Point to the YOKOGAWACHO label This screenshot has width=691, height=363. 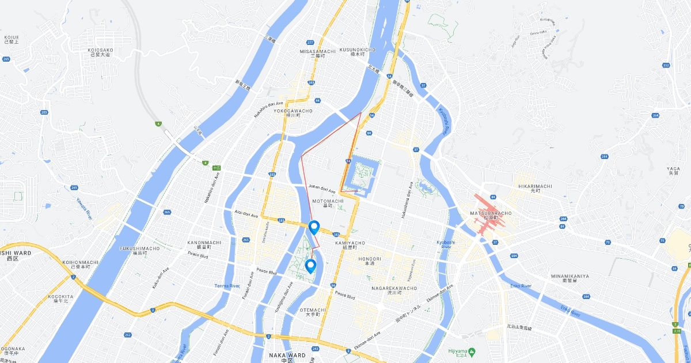pyautogui.click(x=293, y=110)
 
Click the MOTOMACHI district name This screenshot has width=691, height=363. pyautogui.click(x=327, y=201)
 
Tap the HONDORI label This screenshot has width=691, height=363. pyautogui.click(x=370, y=259)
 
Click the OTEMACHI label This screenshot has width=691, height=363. pyautogui.click(x=313, y=309)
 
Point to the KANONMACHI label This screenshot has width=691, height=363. pyautogui.click(x=204, y=242)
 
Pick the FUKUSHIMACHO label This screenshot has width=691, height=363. pyautogui.click(x=139, y=248)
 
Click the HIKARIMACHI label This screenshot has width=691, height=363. pyautogui.click(x=534, y=187)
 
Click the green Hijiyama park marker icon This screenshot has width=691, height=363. pyautogui.click(x=471, y=351)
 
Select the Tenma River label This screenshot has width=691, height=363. pyautogui.click(x=226, y=286)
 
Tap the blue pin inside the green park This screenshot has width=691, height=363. pyautogui.click(x=310, y=266)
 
